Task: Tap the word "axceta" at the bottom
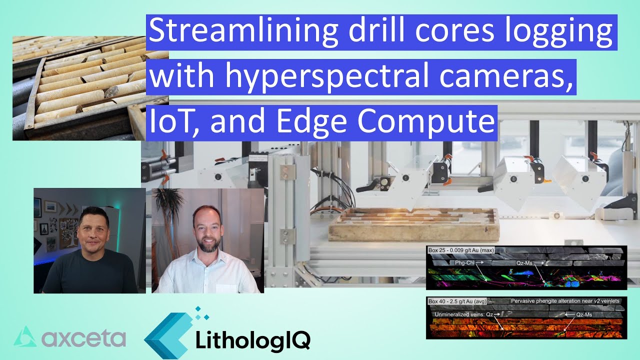[x=83, y=338]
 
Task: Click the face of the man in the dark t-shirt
[x=93, y=228]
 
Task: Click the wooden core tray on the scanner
[x=413, y=225]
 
